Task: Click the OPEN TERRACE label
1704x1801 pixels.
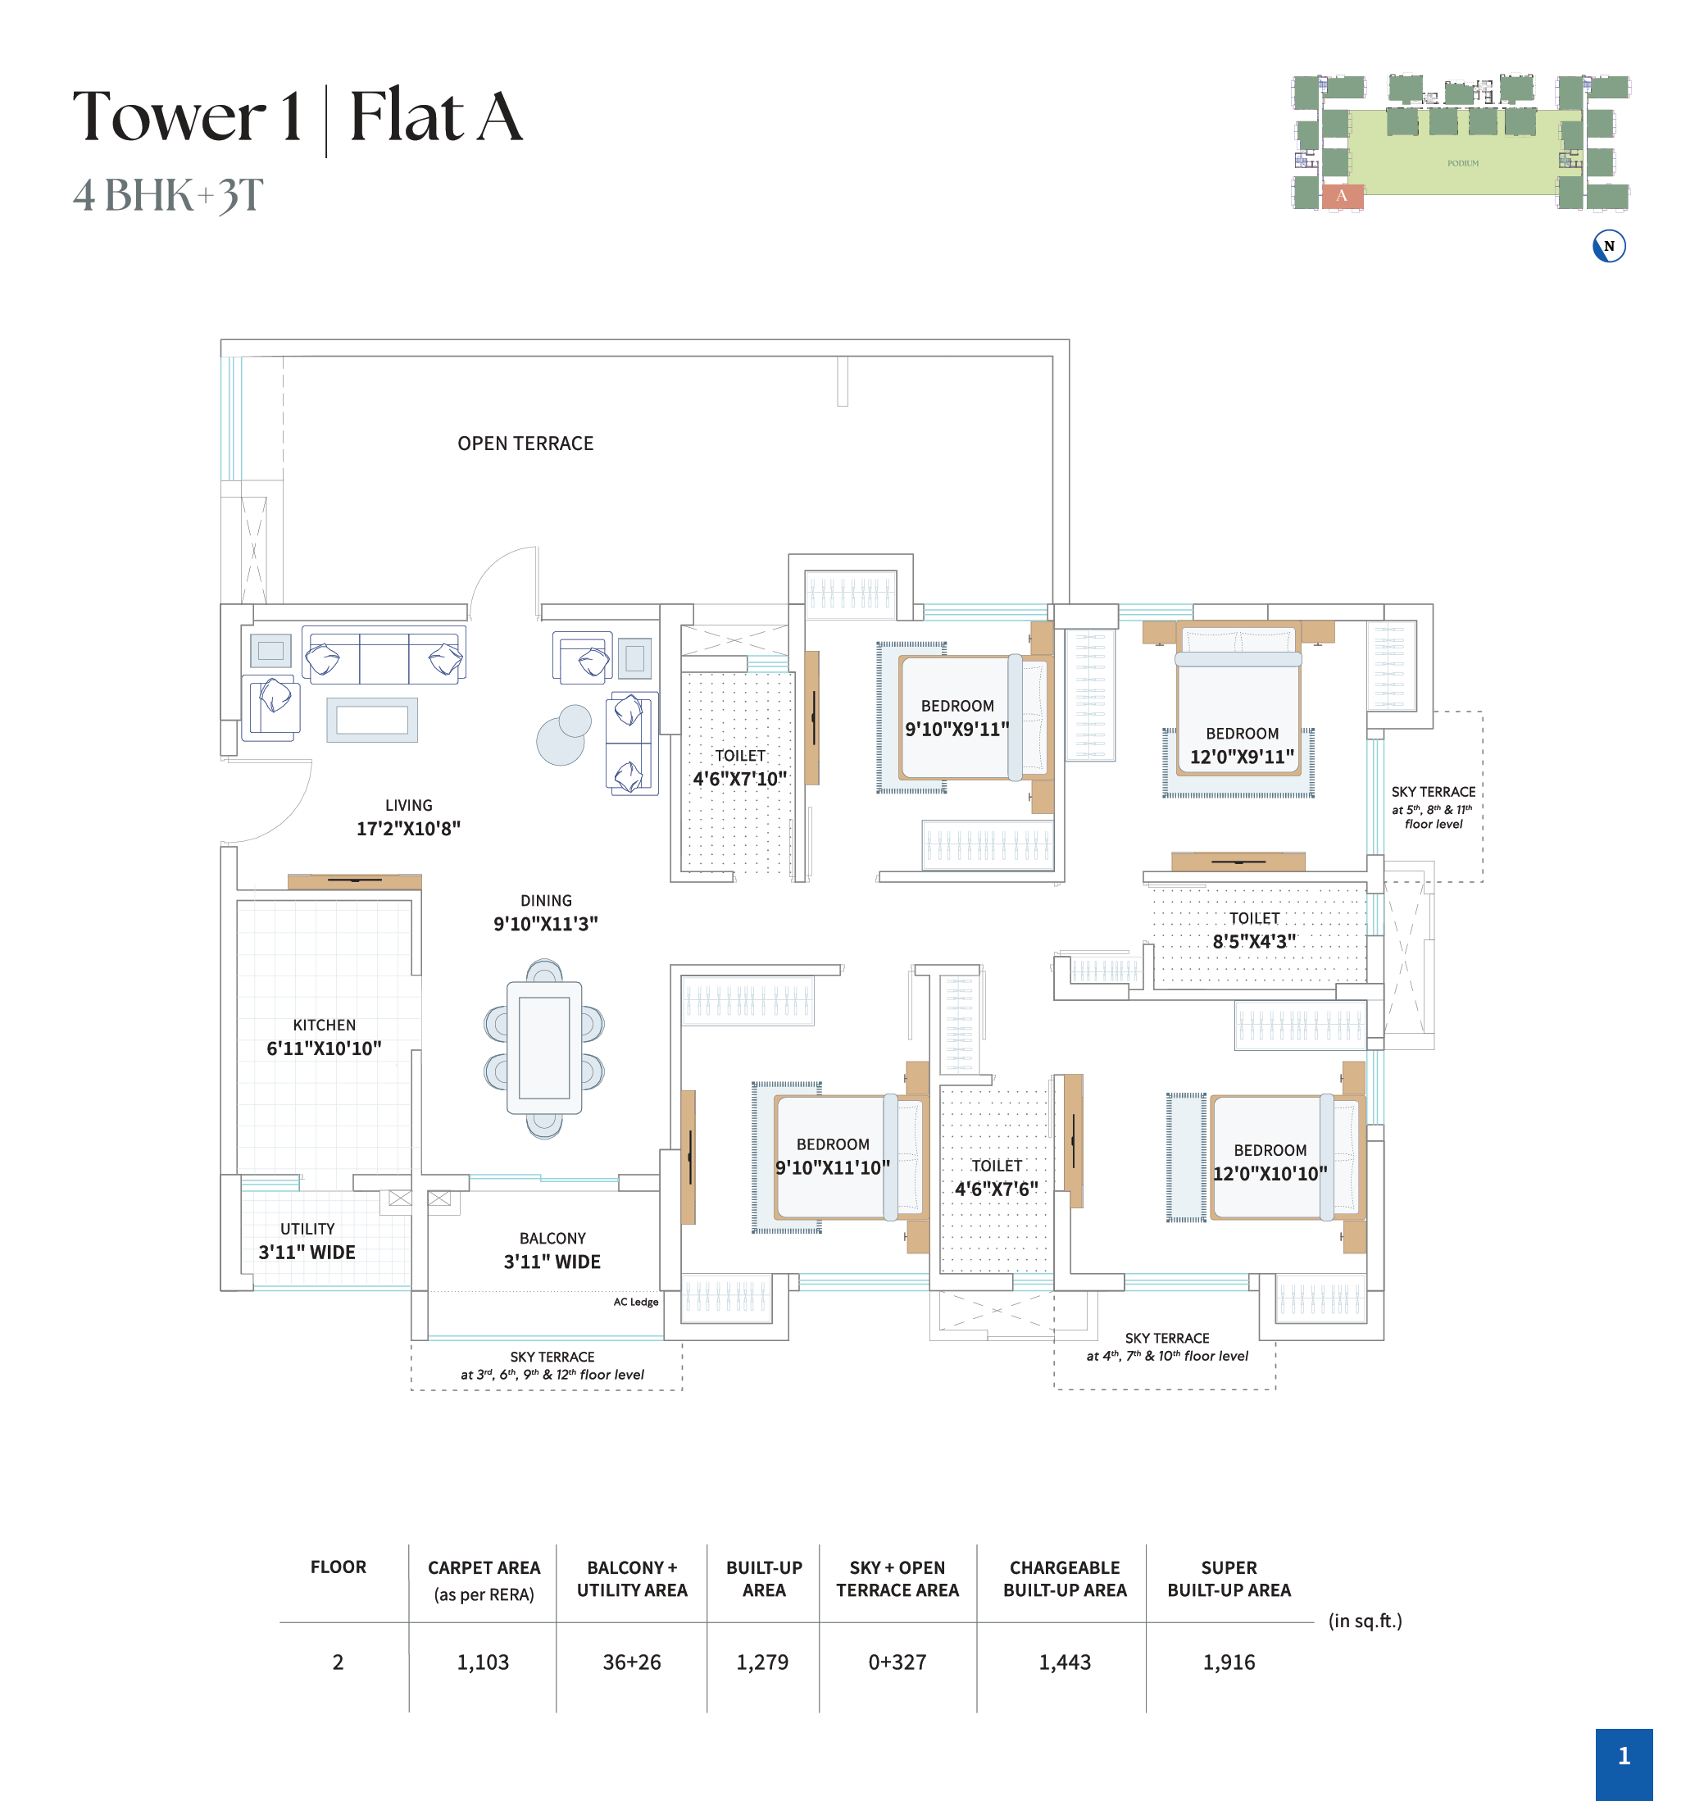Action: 525,443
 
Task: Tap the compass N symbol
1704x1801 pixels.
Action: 1609,246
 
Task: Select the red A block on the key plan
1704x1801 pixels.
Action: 1342,196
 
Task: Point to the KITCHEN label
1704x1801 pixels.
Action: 325,1026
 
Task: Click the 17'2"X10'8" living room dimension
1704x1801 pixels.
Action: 409,828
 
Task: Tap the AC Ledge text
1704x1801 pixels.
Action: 636,1302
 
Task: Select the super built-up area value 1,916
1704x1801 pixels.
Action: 1229,1662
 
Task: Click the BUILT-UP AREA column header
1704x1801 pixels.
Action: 764,1579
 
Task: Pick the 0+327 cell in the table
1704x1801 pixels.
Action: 897,1662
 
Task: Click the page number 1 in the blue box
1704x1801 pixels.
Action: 1624,1756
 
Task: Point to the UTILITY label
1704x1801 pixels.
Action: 307,1229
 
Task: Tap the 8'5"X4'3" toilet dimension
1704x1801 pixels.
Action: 1254,941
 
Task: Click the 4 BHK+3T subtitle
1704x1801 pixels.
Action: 168,195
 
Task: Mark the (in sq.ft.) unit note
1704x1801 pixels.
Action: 1365,1621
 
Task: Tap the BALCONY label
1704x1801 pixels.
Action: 552,1239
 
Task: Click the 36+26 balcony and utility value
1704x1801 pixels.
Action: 632,1662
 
